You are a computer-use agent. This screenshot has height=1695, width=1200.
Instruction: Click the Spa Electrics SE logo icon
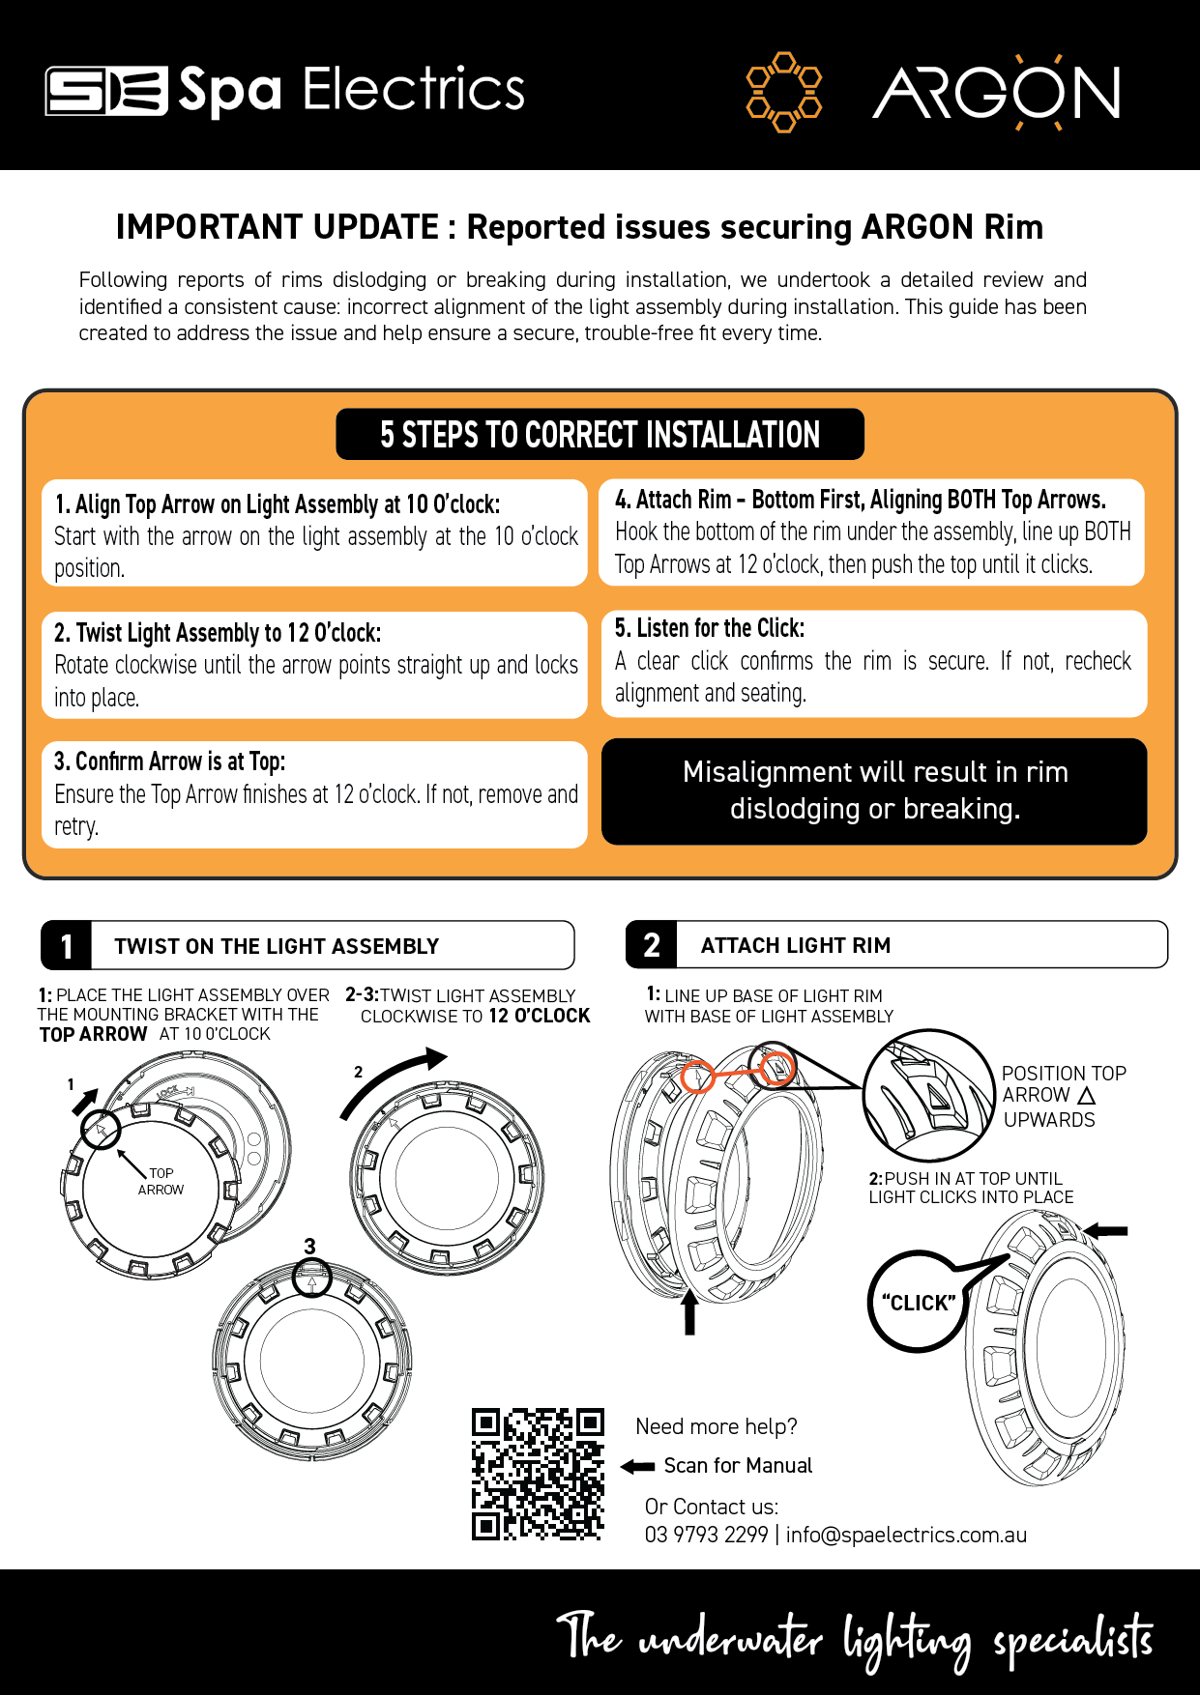(x=106, y=91)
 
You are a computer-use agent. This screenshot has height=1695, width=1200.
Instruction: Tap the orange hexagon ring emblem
(x=784, y=92)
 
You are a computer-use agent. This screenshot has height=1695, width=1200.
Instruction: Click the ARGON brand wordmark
(x=997, y=93)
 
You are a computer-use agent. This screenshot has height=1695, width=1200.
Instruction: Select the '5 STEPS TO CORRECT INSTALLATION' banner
(x=600, y=435)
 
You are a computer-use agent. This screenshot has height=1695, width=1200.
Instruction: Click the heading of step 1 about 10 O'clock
(x=278, y=504)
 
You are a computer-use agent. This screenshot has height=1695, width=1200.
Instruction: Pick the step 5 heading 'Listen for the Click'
(x=710, y=628)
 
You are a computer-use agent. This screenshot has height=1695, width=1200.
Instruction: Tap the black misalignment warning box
(x=874, y=791)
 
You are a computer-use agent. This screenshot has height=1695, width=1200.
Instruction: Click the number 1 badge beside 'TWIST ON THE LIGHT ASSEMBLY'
(x=66, y=946)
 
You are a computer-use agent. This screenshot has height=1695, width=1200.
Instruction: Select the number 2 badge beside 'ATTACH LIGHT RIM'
(x=652, y=945)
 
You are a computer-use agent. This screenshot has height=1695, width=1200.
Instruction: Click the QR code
(x=538, y=1474)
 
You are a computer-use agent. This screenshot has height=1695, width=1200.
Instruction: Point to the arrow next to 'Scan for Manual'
(x=637, y=1467)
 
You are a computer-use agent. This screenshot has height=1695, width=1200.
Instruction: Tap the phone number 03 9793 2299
(x=706, y=1535)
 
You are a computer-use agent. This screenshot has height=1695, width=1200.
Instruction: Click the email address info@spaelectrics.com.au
(x=906, y=1535)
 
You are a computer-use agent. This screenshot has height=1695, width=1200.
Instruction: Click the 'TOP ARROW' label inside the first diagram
(x=161, y=1181)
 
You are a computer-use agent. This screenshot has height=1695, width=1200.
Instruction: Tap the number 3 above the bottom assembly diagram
(x=309, y=1247)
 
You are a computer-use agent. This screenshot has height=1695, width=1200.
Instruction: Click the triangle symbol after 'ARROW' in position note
(x=1086, y=1096)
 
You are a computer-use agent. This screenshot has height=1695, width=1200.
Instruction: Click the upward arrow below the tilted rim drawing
(x=689, y=1313)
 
